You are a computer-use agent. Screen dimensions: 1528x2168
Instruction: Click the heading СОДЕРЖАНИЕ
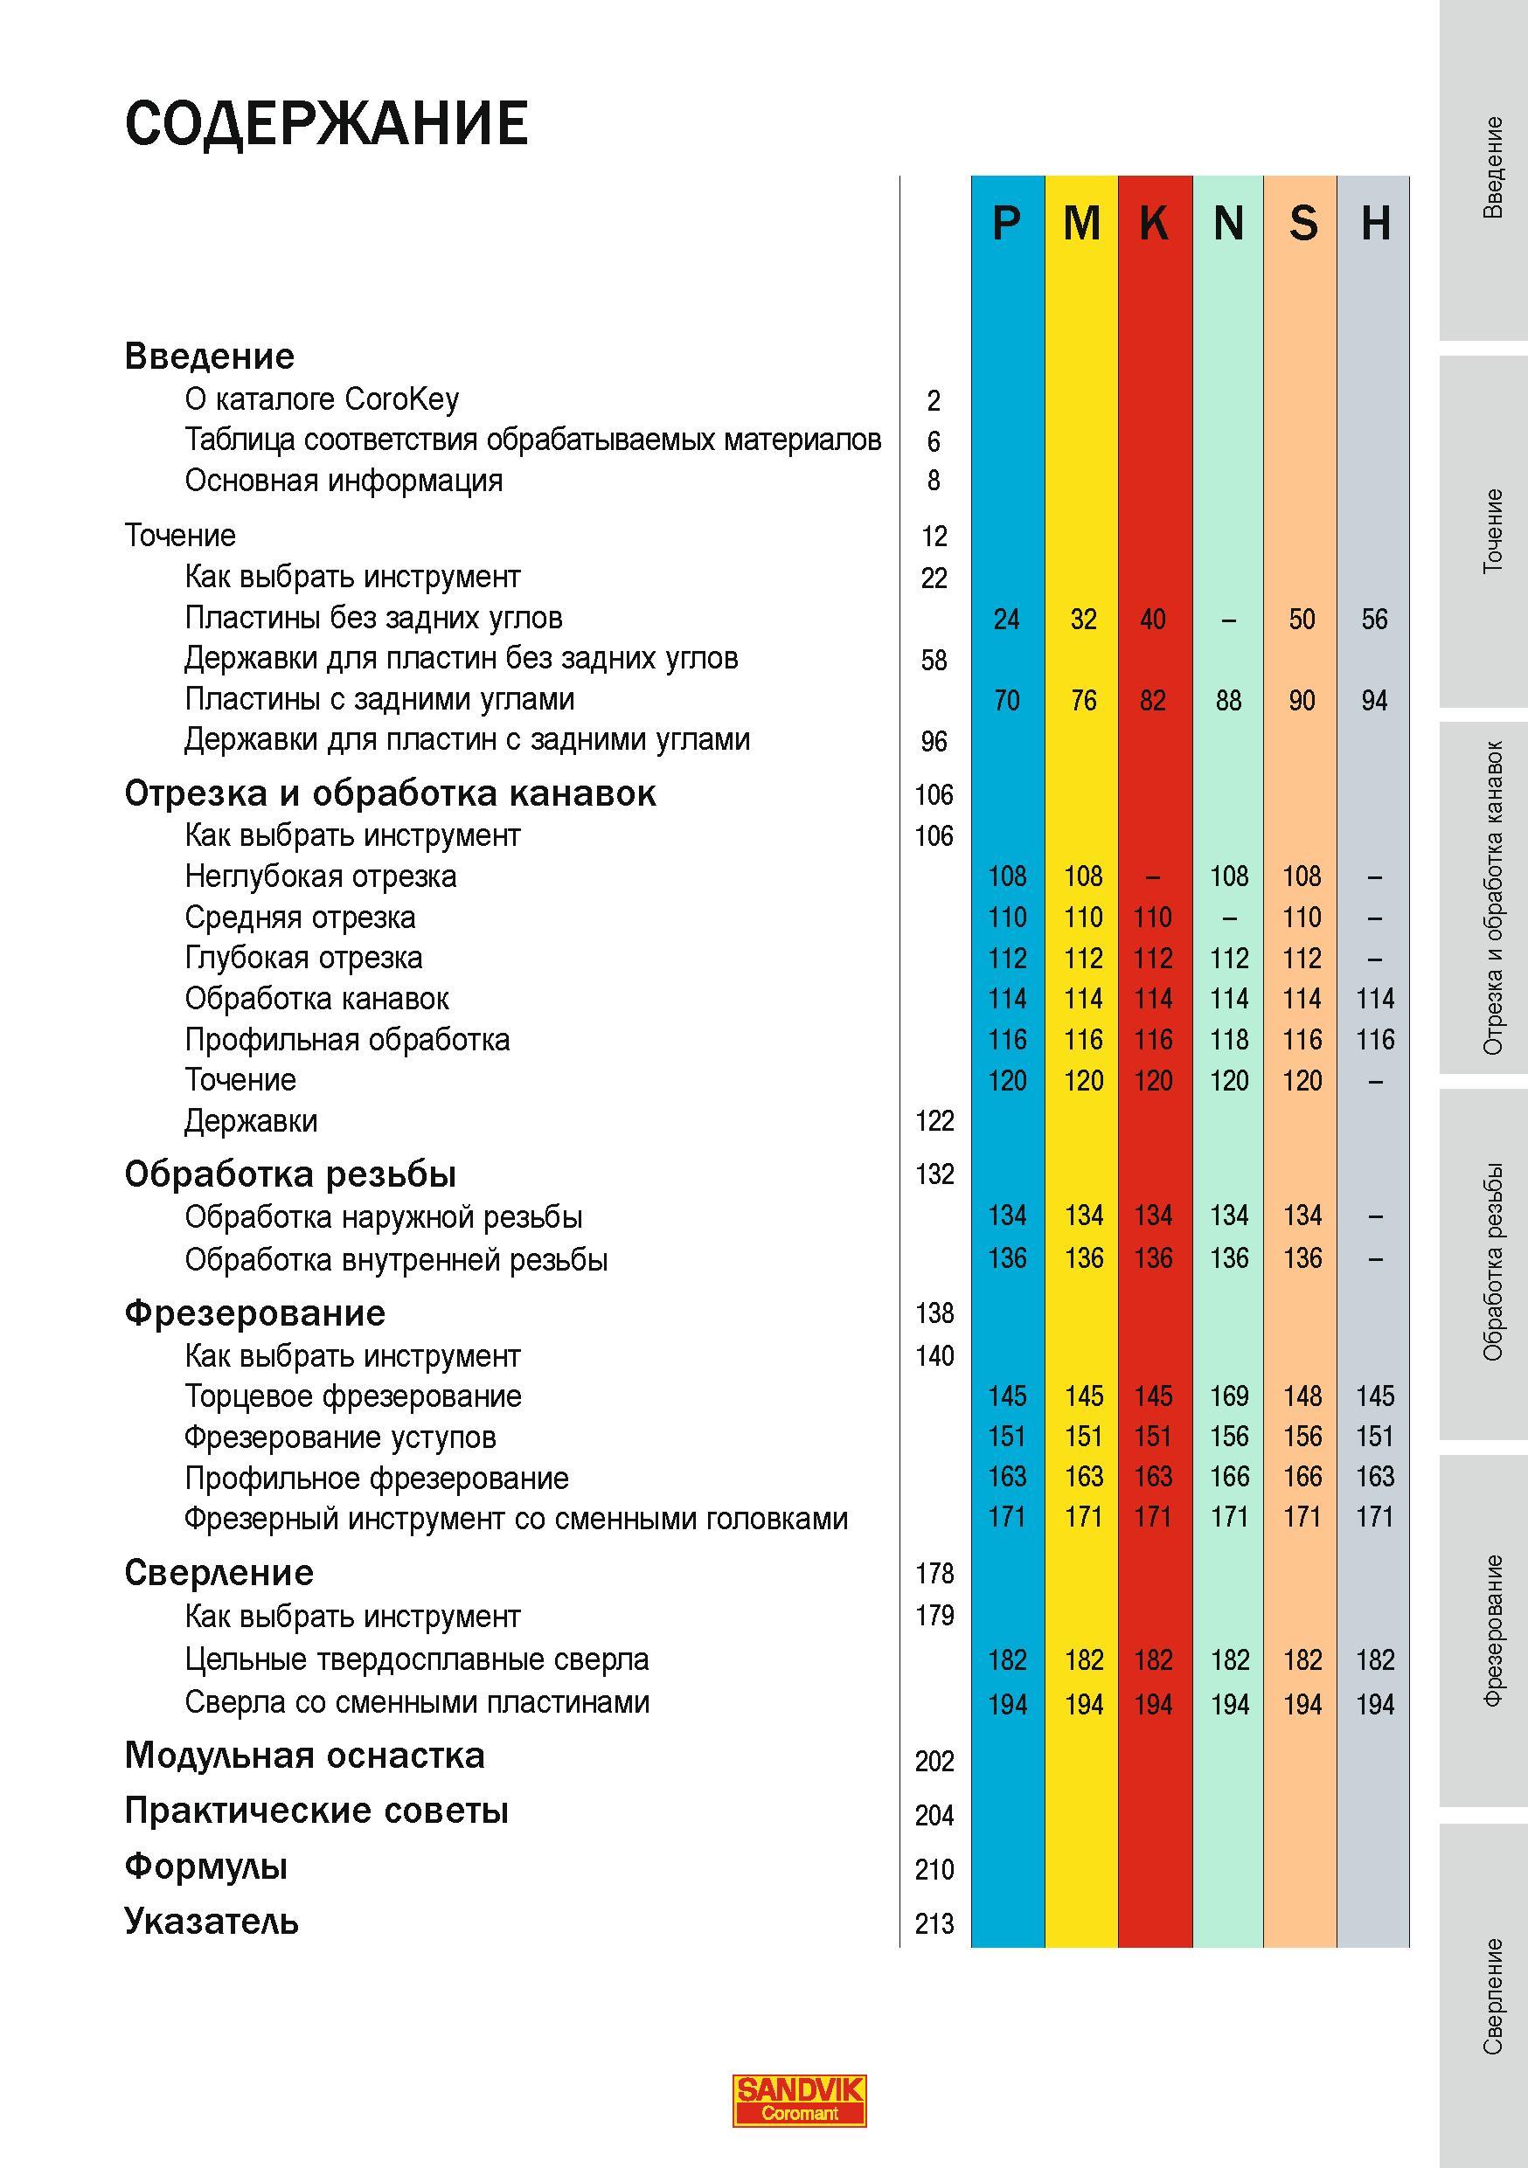pyautogui.click(x=326, y=122)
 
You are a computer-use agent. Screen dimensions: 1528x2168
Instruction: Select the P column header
pyautogui.click(x=1007, y=224)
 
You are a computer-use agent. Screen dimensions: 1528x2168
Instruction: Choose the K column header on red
pyautogui.click(x=1154, y=224)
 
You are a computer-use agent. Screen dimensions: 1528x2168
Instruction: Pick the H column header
pyautogui.click(x=1375, y=224)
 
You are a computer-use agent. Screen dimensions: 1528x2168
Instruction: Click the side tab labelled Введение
pyautogui.click(x=1492, y=168)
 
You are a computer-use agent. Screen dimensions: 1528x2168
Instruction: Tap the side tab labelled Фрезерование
pyautogui.click(x=1492, y=1631)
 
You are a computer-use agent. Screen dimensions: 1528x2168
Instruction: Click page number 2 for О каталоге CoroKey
pyautogui.click(x=934, y=401)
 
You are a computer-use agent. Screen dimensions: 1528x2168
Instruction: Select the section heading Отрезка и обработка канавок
pyautogui.click(x=390, y=793)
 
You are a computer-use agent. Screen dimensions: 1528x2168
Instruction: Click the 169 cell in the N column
pyautogui.click(x=1229, y=1396)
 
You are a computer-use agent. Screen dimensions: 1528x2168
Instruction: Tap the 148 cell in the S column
pyautogui.click(x=1302, y=1396)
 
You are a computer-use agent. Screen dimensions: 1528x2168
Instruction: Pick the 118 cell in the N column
pyautogui.click(x=1229, y=1040)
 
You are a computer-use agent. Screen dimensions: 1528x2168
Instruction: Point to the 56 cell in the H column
pyautogui.click(x=1375, y=620)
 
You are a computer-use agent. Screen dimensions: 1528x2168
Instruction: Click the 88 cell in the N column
pyautogui.click(x=1229, y=701)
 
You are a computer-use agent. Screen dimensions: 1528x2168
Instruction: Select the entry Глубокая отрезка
pyautogui.click(x=303, y=958)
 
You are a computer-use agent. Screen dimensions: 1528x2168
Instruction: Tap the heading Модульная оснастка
pyautogui.click(x=305, y=1756)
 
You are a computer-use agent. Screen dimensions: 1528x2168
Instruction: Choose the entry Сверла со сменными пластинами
pyautogui.click(x=418, y=1701)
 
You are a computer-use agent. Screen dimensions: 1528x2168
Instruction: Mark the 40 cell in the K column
pyautogui.click(x=1153, y=620)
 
